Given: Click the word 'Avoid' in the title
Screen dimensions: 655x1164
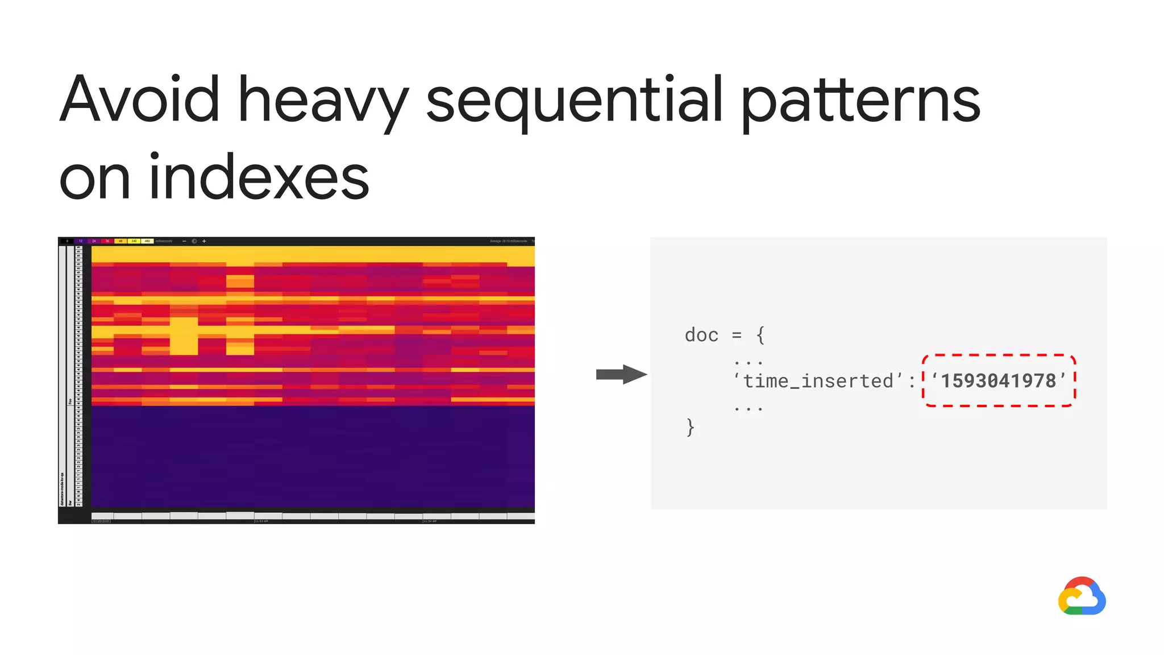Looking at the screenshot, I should (x=139, y=100).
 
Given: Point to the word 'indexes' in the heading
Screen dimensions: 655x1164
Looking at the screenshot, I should (x=259, y=178).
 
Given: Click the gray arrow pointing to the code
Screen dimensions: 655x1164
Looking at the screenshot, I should (x=621, y=374).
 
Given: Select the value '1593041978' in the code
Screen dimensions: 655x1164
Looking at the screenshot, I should (x=999, y=380).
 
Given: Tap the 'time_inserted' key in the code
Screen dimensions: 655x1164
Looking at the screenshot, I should (x=818, y=380).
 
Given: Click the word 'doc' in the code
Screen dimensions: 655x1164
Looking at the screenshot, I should (x=701, y=335).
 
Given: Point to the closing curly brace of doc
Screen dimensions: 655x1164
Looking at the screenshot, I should (x=690, y=426).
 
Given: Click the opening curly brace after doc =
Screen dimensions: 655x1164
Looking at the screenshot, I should (x=760, y=335).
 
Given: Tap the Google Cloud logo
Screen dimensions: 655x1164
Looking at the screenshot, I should (x=1082, y=596).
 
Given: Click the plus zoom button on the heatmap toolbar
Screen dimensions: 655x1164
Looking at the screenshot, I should (x=204, y=241).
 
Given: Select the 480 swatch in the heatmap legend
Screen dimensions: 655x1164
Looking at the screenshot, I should (x=147, y=241).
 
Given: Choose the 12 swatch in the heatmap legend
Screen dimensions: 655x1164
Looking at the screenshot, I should (x=81, y=241).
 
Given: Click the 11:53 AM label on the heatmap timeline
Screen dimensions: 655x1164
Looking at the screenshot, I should (x=261, y=521).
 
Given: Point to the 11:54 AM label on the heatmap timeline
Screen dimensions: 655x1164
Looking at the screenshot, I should (x=430, y=521).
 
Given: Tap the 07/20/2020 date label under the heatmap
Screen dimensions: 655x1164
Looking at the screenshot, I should (x=101, y=521).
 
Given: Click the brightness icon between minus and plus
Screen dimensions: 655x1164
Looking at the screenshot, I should (x=194, y=241).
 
